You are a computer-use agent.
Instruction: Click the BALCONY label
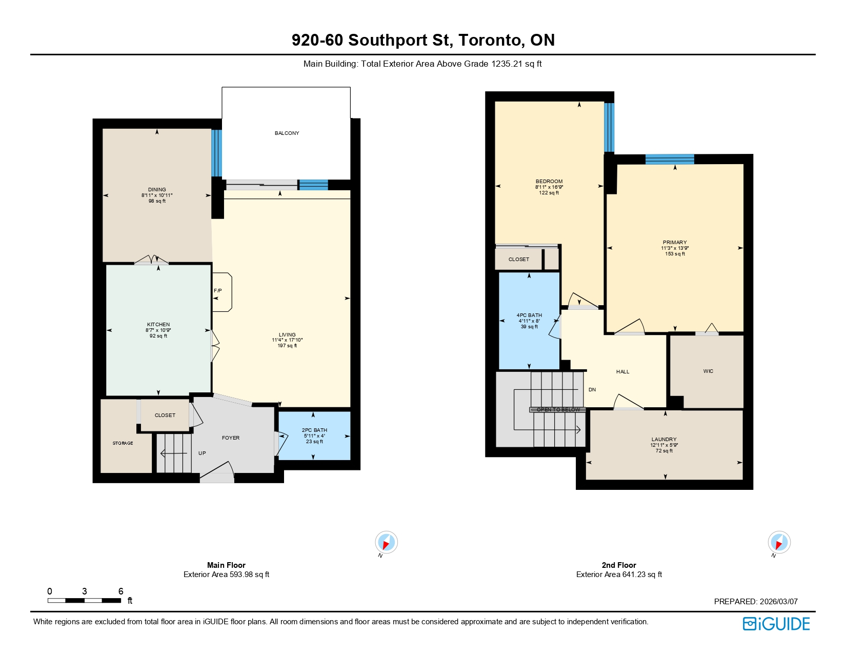pyautogui.click(x=287, y=133)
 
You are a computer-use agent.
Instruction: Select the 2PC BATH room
pyautogui.click(x=314, y=435)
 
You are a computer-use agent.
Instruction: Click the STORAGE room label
pyautogui.click(x=123, y=443)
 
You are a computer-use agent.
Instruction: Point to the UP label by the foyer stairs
pyautogui.click(x=202, y=453)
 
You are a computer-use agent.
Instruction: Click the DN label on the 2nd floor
pyautogui.click(x=592, y=390)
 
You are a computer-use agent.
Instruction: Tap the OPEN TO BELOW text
pyautogui.click(x=558, y=409)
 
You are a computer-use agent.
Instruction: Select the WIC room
pyautogui.click(x=708, y=371)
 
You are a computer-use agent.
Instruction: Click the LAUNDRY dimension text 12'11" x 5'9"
pyautogui.click(x=664, y=445)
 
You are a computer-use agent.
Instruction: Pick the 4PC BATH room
pyautogui.click(x=529, y=321)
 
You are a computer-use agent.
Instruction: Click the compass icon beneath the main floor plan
pyautogui.click(x=386, y=543)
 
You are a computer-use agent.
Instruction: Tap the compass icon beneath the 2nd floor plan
pyautogui.click(x=779, y=543)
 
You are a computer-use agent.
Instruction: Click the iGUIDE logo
pyautogui.click(x=776, y=624)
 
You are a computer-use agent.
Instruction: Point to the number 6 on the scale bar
pyautogui.click(x=121, y=591)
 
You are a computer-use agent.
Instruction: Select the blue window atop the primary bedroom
pyautogui.click(x=670, y=159)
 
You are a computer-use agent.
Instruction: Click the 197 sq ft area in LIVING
pyautogui.click(x=287, y=346)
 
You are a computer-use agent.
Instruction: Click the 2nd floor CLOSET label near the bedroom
pyautogui.click(x=518, y=260)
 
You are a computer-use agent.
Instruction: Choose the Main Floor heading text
pyautogui.click(x=226, y=565)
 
